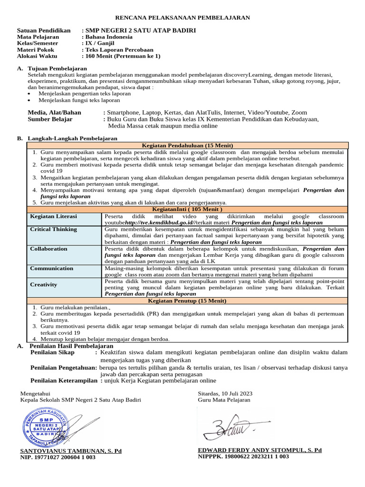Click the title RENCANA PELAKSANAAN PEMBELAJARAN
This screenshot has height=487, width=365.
[182, 18]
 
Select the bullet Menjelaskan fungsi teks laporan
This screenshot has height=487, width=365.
[79, 100]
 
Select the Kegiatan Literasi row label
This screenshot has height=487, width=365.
[53, 216]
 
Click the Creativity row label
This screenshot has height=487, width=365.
[44, 284]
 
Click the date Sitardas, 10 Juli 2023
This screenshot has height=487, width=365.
[225, 393]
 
